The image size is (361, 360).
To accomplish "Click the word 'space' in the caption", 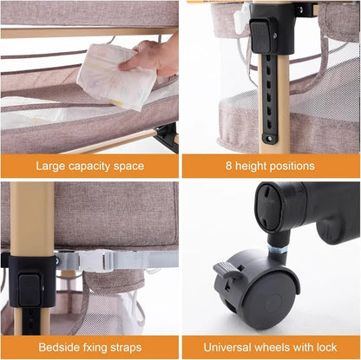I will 129,166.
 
